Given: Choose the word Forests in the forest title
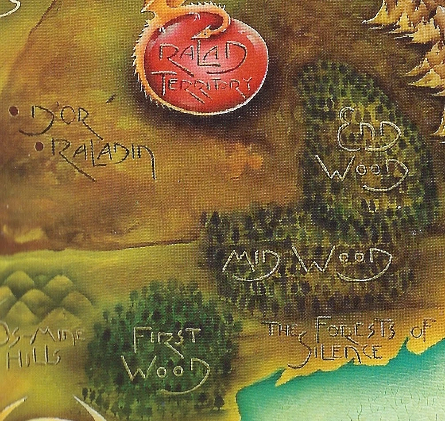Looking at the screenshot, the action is tap(354, 332).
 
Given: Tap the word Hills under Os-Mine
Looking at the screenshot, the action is tap(33, 358).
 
